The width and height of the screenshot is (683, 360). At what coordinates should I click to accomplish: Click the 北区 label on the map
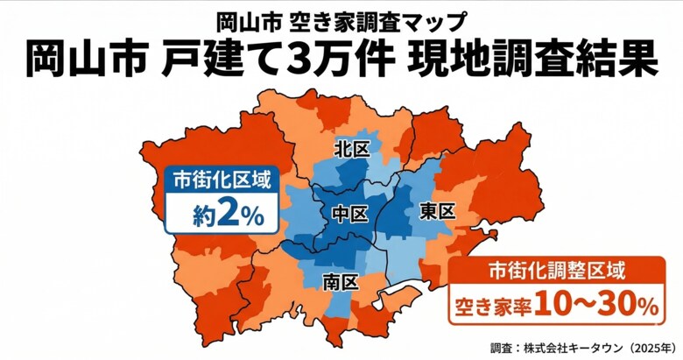[x=353, y=150]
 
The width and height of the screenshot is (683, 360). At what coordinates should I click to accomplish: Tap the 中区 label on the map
[x=351, y=213]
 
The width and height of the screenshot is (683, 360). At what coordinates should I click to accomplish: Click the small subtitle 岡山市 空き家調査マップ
[x=341, y=18]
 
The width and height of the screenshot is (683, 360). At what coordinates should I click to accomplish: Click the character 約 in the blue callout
[x=204, y=216]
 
